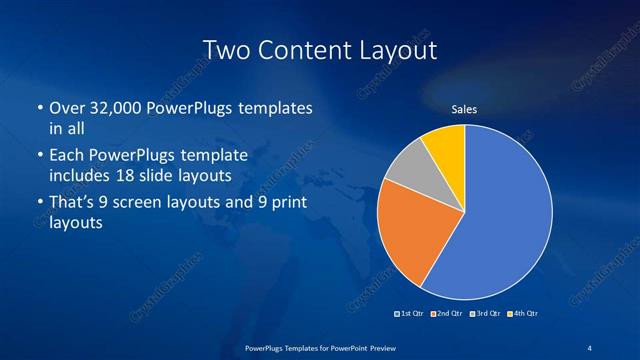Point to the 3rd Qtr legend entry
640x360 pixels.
(486, 314)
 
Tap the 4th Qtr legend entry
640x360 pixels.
(523, 314)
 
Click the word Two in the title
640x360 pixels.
(226, 49)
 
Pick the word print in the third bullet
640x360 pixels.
(285, 204)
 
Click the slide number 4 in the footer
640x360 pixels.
(591, 347)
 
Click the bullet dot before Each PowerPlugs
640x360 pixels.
(39, 156)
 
